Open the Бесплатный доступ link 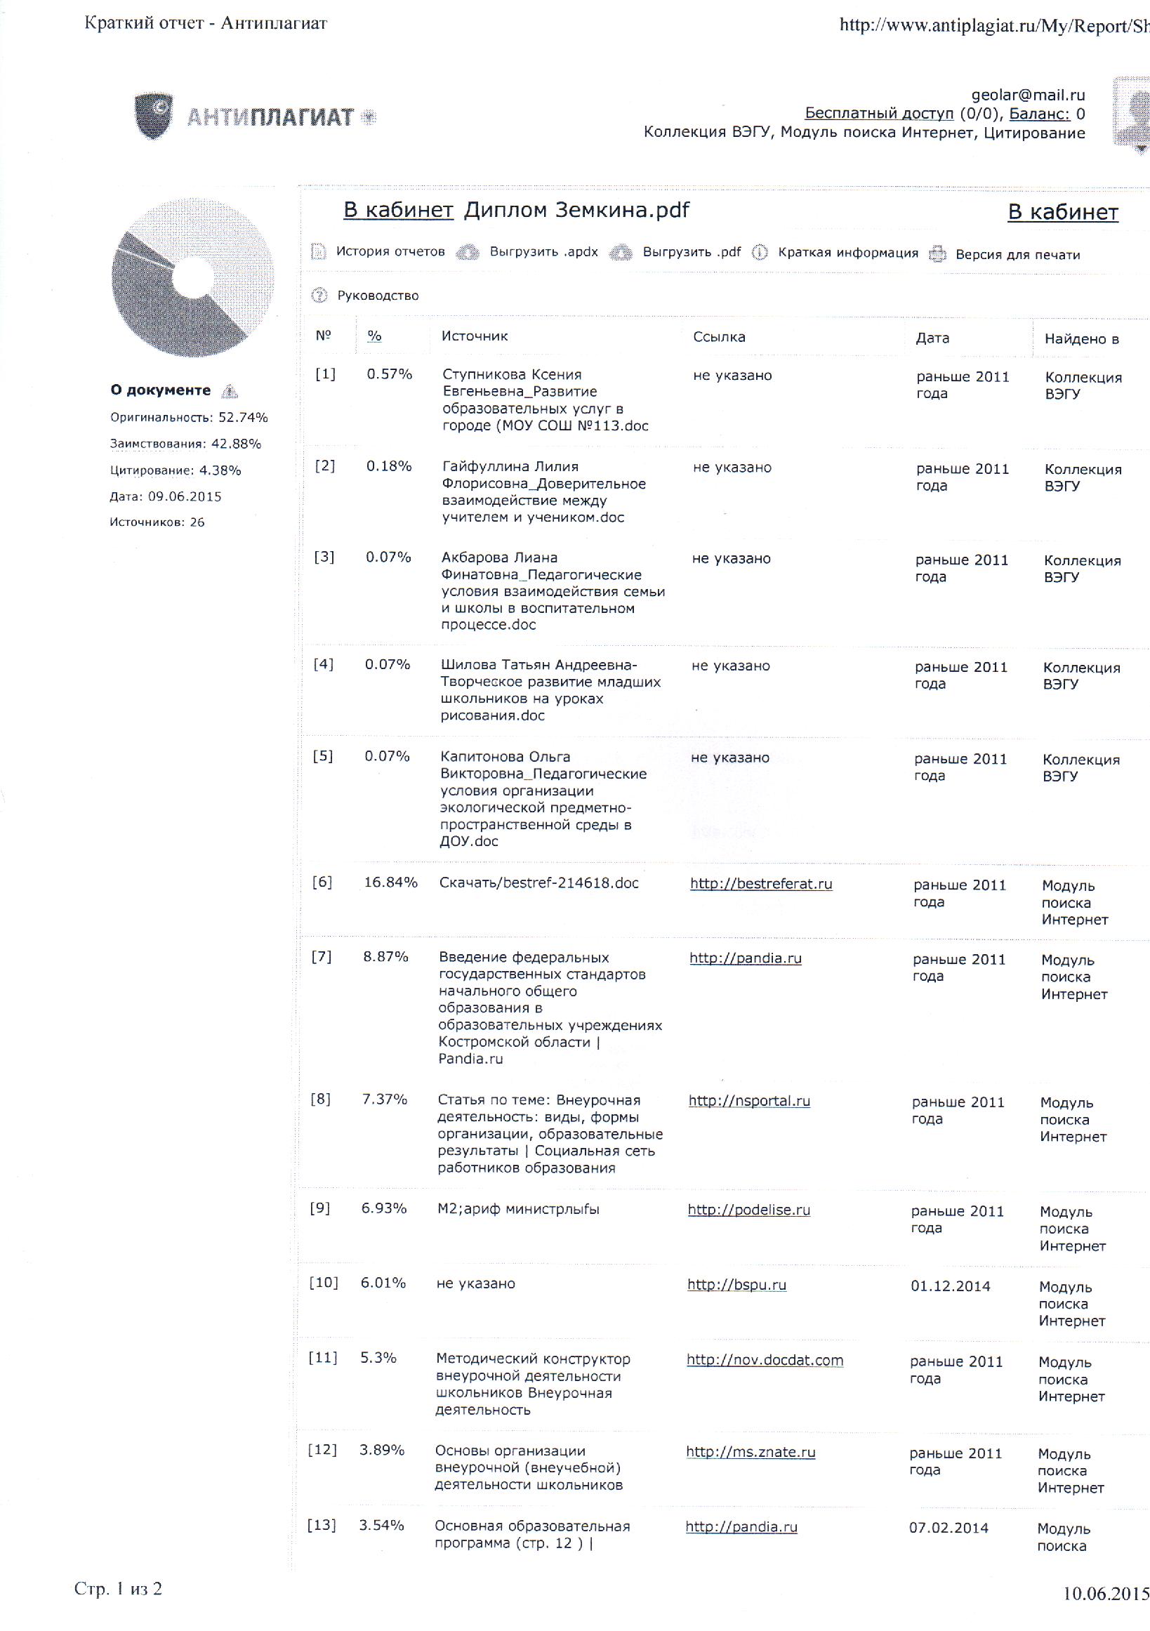(x=879, y=114)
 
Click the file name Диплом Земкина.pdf (x=576, y=210)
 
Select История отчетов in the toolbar (x=390, y=251)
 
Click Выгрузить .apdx (x=543, y=252)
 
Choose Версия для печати (x=1017, y=255)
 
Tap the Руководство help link (x=377, y=296)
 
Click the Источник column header (x=475, y=336)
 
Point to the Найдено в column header (x=1081, y=339)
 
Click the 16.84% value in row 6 (x=390, y=883)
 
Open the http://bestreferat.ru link (x=761, y=884)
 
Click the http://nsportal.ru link (x=748, y=1100)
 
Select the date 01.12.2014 (x=950, y=1286)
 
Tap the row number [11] (x=322, y=1357)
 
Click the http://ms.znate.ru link (x=750, y=1452)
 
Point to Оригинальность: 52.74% (x=188, y=417)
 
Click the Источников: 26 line (x=157, y=522)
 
